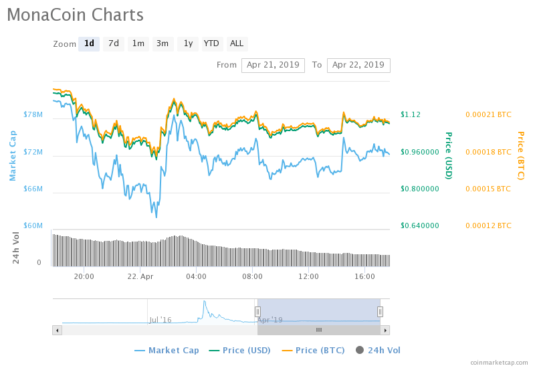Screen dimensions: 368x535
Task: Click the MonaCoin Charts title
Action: [75, 14]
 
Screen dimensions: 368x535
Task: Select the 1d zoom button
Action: [89, 43]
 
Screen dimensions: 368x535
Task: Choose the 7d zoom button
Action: [114, 43]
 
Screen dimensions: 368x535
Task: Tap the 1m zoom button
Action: [138, 43]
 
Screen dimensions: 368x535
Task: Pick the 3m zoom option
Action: [163, 43]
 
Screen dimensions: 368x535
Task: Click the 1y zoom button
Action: [188, 43]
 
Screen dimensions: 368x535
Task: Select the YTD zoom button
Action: [211, 43]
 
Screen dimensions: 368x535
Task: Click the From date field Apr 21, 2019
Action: [273, 65]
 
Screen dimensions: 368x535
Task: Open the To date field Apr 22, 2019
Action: [358, 65]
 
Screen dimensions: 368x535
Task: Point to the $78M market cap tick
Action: [33, 115]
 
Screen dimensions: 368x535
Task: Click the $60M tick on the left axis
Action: [33, 225]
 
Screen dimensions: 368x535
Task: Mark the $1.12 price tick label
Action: [411, 114]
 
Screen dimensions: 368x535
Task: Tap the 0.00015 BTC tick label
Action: [488, 189]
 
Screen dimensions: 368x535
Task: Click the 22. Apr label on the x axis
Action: [140, 276]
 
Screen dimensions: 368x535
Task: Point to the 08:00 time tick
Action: [252, 276]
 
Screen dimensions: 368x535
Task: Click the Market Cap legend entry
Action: [167, 350]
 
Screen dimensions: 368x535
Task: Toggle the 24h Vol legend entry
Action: [378, 350]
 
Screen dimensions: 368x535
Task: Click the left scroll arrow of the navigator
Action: [57, 330]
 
